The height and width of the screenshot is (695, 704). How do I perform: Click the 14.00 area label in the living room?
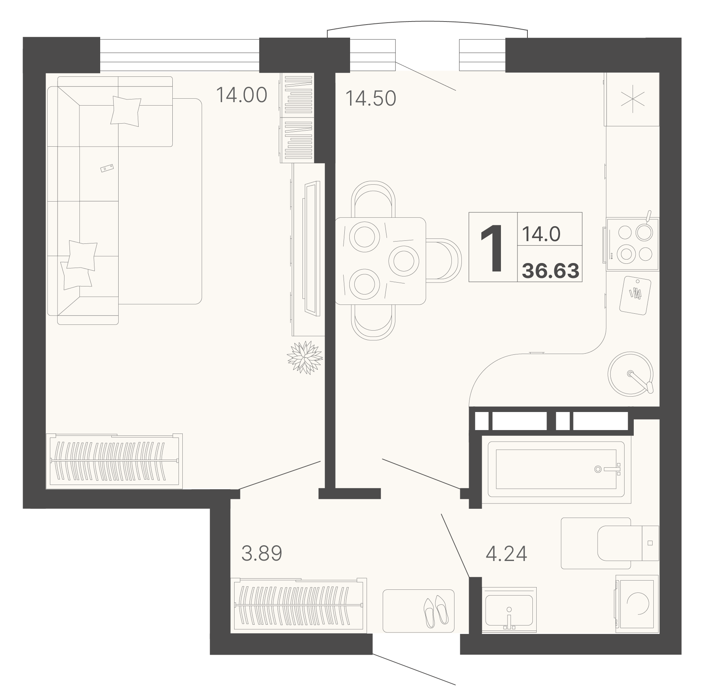241,95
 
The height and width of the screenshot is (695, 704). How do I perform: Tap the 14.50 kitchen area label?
371,98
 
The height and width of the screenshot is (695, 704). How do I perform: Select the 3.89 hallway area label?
262,553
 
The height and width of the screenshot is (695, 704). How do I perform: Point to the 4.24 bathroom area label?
506,553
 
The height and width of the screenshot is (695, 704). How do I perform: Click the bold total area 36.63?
550,271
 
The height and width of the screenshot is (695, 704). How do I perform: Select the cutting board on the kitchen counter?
635,296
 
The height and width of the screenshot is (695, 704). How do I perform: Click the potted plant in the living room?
305,357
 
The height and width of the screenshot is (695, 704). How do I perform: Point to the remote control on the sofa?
107,168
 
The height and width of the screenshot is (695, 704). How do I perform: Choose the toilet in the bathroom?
628,543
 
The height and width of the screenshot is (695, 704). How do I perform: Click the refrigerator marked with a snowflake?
632,99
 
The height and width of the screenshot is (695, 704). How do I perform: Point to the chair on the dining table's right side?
443,260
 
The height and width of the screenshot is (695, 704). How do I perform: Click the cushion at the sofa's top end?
126,111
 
